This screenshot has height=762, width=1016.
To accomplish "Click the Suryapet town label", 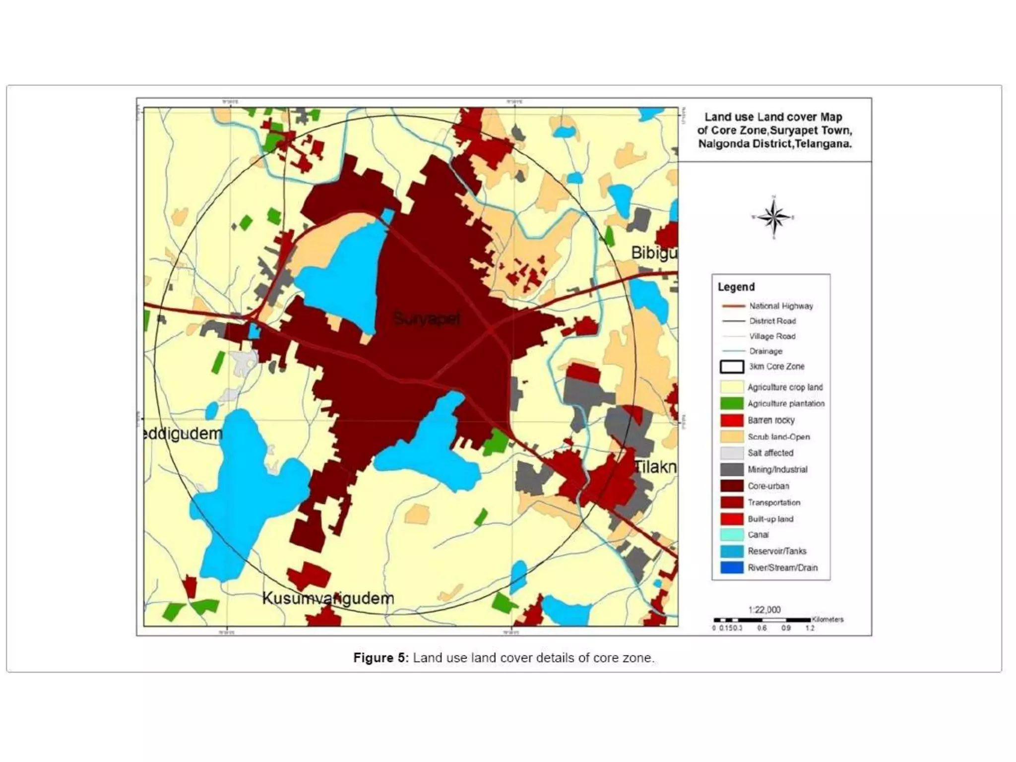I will tap(427, 318).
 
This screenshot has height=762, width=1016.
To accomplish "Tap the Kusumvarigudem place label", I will tap(328, 598).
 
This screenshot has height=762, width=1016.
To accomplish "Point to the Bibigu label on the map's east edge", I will tap(654, 253).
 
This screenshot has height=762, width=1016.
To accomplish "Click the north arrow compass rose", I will tap(774, 217).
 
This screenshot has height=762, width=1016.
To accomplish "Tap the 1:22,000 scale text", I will tap(764, 610).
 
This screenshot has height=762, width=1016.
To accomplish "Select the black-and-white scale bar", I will tap(762, 620).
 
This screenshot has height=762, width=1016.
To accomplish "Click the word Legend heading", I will tap(736, 287).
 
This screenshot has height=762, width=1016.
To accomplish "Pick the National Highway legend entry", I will tap(781, 306).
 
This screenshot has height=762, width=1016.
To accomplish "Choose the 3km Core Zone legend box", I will tap(732, 367).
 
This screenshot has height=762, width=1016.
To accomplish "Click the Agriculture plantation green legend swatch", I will tap(732, 403).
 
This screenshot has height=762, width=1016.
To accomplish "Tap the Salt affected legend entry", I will tap(770, 453).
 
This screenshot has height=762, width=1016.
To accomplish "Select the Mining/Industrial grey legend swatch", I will tap(732, 469).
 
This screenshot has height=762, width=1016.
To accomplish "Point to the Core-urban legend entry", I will tap(768, 486).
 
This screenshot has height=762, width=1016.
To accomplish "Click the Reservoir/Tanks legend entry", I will tap(777, 551).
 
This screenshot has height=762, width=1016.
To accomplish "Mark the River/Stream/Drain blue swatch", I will tap(732, 568).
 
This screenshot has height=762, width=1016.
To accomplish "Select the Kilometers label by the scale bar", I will tap(827, 619).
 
